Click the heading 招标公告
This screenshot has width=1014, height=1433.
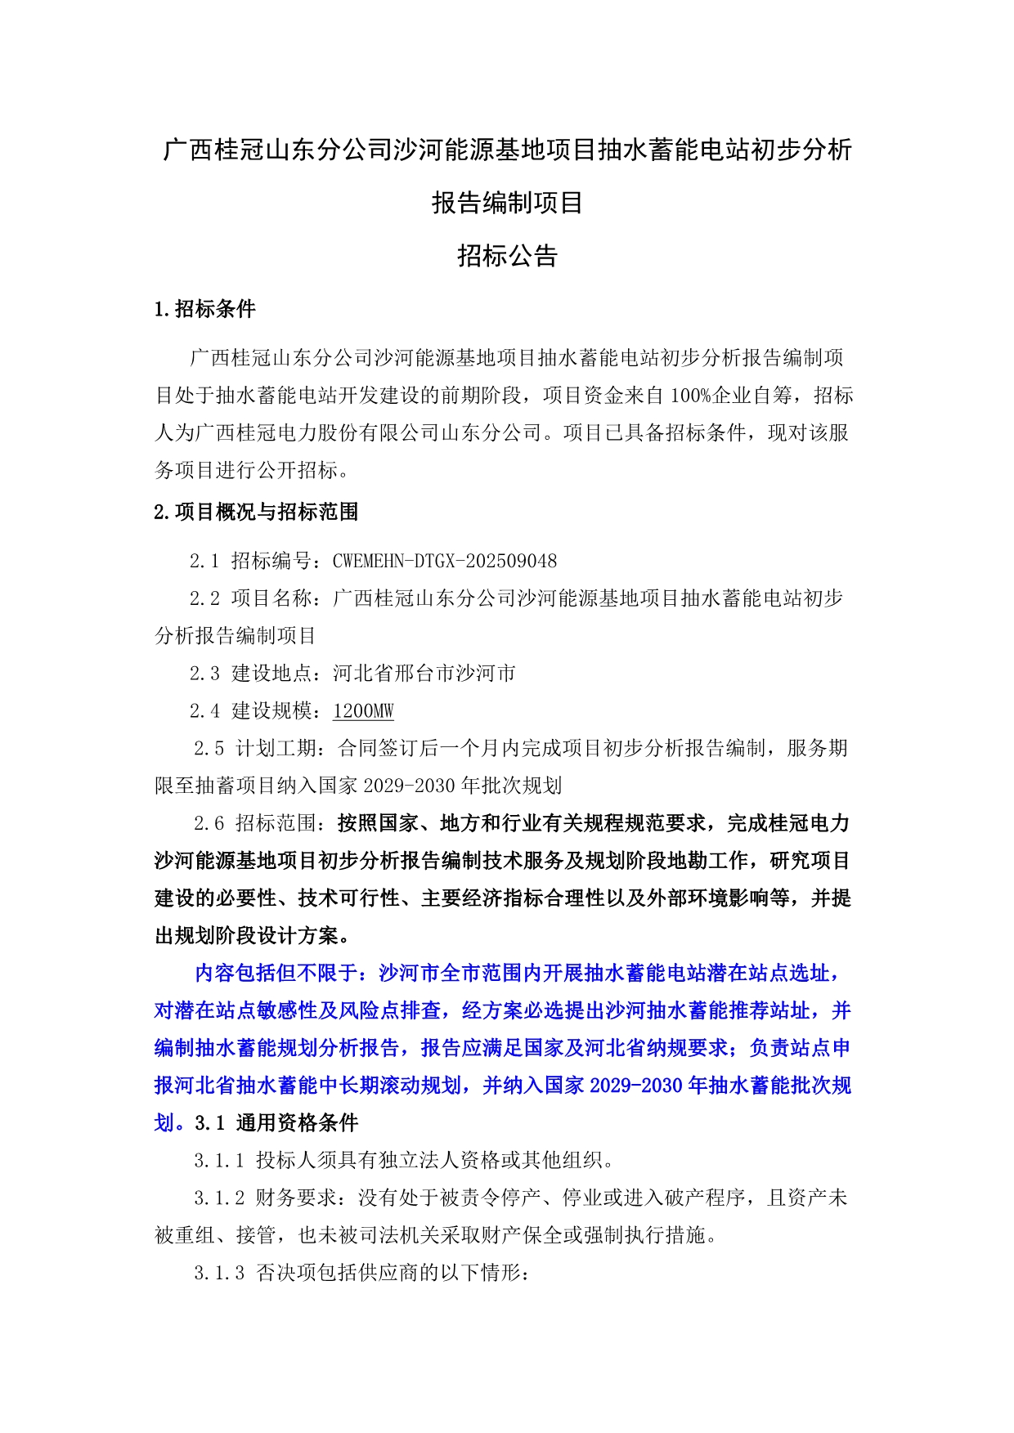(507, 256)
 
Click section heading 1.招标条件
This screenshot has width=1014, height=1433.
(204, 309)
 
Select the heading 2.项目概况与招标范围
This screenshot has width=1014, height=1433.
(256, 513)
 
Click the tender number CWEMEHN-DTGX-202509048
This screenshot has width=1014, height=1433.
(444, 561)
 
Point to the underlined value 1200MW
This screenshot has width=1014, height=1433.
(363, 711)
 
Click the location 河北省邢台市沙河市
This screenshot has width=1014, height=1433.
(424, 674)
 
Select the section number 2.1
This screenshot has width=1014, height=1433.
(204, 561)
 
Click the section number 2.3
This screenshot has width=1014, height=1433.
(204, 674)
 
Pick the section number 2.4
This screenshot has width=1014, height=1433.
(204, 711)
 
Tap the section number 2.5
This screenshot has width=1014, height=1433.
(209, 748)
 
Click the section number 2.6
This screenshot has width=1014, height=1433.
(209, 823)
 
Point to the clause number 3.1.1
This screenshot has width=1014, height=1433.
(218, 1160)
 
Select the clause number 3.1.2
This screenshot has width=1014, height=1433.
(218, 1198)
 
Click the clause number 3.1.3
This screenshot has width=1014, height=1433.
(218, 1273)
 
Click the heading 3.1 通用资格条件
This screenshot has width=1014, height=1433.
(276, 1123)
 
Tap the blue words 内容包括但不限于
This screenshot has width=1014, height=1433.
(276, 973)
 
